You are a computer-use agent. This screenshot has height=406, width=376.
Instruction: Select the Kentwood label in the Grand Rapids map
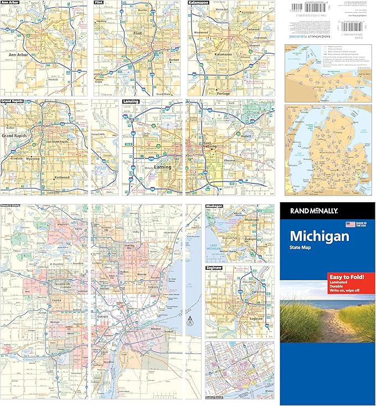coord(61,177)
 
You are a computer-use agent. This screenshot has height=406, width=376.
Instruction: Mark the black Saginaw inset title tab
coord(215,267)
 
